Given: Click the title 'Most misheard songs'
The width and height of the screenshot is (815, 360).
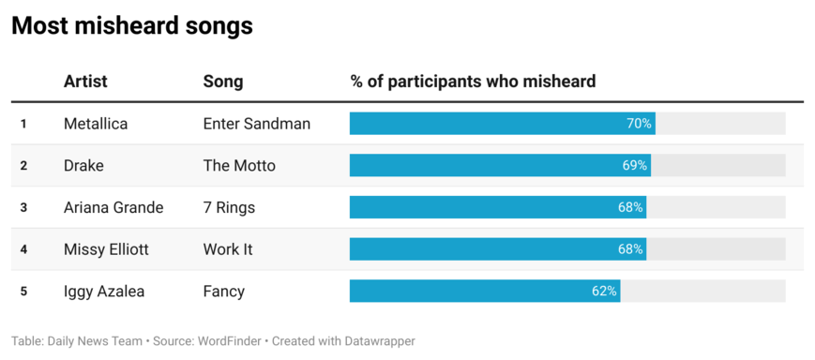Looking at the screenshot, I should click(132, 26).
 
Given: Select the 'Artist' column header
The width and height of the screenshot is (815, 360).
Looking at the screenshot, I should click(85, 82).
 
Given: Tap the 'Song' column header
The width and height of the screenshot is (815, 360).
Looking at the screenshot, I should click(223, 82).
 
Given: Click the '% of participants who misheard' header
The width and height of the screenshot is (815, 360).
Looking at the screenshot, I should click(473, 82).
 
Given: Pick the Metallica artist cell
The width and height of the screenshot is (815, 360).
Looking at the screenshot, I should click(96, 124).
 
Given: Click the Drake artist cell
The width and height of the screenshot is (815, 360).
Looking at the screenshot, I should click(83, 166).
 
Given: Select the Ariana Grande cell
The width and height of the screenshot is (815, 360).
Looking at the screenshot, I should click(113, 207).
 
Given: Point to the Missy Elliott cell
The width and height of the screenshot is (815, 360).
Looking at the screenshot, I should click(106, 249).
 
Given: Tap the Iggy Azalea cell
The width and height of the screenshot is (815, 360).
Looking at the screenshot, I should click(104, 292).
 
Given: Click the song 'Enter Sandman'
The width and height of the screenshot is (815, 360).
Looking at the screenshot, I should click(257, 124).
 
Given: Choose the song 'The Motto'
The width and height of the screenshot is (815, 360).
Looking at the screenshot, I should click(239, 166).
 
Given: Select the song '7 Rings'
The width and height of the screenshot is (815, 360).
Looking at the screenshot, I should click(229, 207).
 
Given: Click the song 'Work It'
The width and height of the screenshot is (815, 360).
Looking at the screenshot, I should click(228, 249).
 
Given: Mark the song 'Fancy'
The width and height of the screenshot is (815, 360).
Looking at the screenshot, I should click(224, 292).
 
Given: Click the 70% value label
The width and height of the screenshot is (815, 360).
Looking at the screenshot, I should click(639, 124).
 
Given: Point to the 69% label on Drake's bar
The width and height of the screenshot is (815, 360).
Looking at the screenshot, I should click(634, 166).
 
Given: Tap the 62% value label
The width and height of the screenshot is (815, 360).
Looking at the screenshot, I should click(604, 292).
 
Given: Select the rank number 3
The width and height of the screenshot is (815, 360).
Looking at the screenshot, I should click(23, 208).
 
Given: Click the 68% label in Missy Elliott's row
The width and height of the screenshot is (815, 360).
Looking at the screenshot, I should click(630, 249).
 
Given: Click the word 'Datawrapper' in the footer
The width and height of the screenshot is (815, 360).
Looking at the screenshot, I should click(374, 341).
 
